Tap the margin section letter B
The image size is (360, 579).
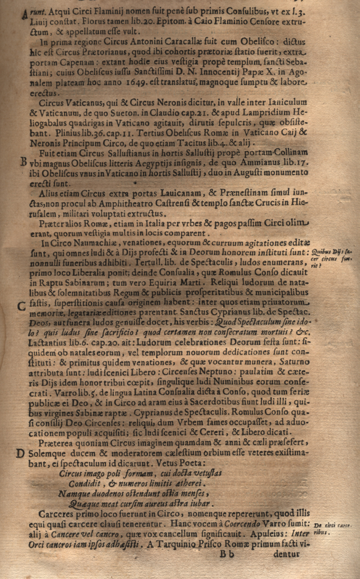pyautogui.click(x=22, y=162)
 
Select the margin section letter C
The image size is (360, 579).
pyautogui.click(x=21, y=306)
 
